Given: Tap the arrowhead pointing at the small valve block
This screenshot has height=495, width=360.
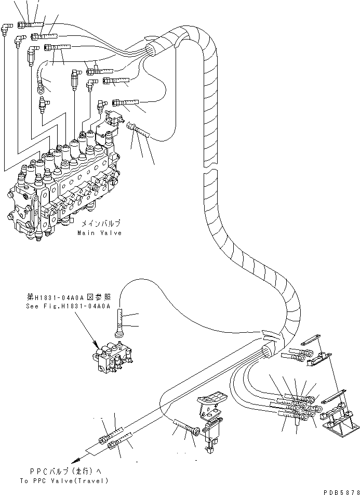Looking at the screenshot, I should click(97, 345).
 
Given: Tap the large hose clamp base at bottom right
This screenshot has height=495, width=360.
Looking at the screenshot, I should click(336, 418).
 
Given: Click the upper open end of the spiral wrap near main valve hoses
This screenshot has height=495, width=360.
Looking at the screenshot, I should click(151, 50).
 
